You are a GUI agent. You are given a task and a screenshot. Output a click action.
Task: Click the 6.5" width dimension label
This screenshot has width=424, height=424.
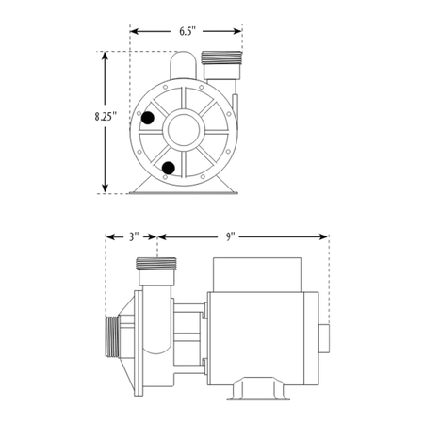click(x=188, y=31)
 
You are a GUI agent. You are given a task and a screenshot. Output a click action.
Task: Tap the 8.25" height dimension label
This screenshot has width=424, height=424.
click(x=106, y=117)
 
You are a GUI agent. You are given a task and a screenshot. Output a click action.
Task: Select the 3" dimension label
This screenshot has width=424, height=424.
click(x=134, y=236)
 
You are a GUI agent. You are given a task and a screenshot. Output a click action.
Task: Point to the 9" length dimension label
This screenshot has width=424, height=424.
click(x=231, y=236)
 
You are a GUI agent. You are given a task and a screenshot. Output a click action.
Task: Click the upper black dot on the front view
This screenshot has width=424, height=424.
click(x=148, y=118)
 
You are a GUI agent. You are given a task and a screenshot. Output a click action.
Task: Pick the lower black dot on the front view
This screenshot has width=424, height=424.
click(x=169, y=168)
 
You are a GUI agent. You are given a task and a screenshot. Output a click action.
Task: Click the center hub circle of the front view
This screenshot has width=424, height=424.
click(x=184, y=130)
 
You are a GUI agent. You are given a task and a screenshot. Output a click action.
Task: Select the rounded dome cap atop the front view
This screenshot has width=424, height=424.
click(x=183, y=65)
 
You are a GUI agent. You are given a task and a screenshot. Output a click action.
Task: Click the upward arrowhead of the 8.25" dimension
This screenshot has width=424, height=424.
click(x=105, y=56)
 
